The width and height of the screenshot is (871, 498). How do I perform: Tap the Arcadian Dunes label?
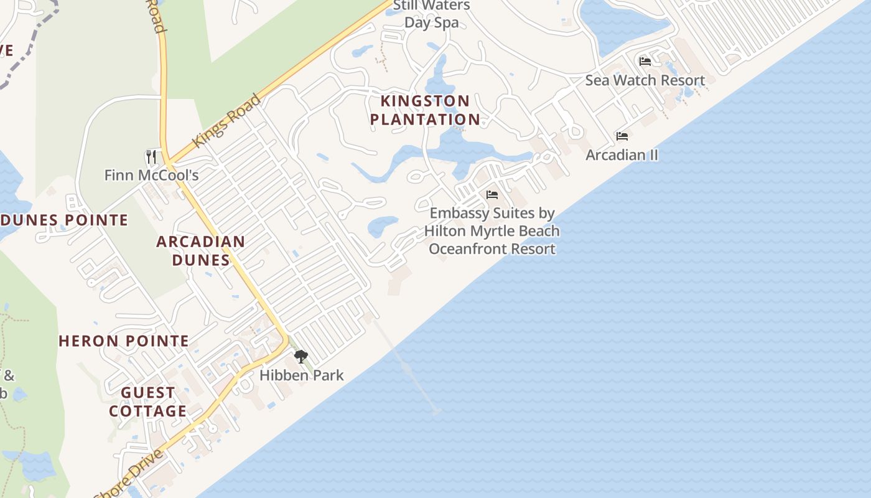pos(200,250)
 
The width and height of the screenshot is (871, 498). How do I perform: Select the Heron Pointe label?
pos(124,341)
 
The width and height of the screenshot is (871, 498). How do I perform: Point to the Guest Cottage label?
pos(148,402)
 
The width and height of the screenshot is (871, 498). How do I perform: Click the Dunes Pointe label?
pos(64,220)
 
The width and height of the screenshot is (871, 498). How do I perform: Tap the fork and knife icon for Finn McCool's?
pos(151,156)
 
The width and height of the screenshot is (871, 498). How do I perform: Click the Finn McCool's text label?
pos(151,175)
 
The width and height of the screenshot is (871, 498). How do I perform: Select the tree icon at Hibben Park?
pos(301,357)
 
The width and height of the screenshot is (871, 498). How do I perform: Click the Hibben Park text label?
pos(301,375)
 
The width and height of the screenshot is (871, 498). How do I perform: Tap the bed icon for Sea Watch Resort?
pos(645,62)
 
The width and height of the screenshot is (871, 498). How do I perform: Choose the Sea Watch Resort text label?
pos(645,80)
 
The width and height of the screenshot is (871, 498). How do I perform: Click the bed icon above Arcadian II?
pos(622,136)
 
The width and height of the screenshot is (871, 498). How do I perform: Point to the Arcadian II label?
pos(622,155)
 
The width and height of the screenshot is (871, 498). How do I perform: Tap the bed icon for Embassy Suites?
pos(492,195)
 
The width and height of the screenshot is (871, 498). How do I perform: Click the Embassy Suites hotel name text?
pos(492,231)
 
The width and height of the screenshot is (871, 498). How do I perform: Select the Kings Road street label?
pos(226,121)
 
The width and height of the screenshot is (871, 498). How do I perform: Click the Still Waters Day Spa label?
pos(432,14)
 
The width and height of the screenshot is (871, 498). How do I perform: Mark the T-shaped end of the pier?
pos(435,411)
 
